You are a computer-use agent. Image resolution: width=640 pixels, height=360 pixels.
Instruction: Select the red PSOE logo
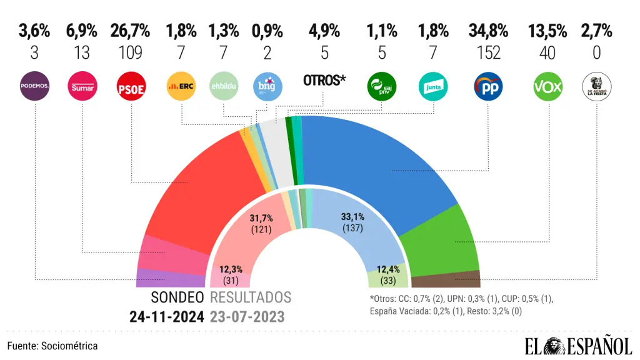click(131, 87)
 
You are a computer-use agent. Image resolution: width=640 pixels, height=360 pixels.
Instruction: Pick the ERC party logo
click(181, 87)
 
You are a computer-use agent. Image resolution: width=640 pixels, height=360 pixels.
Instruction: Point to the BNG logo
click(267, 87)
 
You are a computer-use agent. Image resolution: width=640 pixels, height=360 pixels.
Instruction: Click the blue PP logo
click(487, 87)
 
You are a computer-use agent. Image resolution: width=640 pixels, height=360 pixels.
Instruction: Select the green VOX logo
click(548, 87)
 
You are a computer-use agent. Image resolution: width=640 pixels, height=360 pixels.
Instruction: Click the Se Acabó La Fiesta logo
click(597, 87)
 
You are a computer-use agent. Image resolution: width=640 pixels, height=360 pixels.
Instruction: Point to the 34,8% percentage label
click(488, 30)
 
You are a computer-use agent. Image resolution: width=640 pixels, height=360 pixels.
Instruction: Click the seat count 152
click(488, 52)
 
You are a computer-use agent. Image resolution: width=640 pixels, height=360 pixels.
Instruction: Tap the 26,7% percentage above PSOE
click(130, 30)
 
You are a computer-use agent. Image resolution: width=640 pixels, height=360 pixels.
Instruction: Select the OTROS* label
click(324, 80)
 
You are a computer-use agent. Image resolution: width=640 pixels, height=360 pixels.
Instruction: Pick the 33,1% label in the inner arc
click(354, 216)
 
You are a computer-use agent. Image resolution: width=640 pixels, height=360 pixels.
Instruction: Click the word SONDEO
click(177, 297)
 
